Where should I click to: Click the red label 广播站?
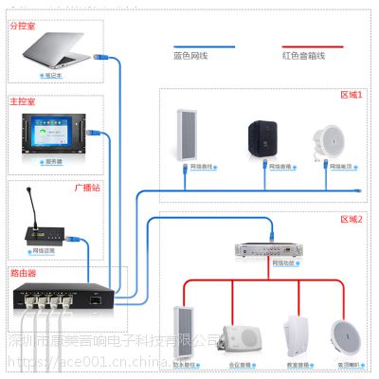(x=87, y=188)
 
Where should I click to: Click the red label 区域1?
(x=352, y=97)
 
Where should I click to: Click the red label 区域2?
(x=352, y=218)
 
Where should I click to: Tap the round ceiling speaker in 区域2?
(x=346, y=334)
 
